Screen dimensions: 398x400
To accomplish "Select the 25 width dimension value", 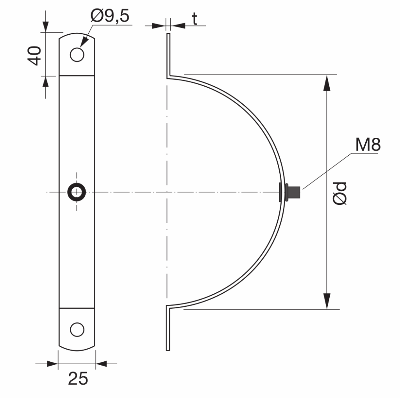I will click(78, 378).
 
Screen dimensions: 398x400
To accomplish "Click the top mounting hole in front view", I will click(77, 55).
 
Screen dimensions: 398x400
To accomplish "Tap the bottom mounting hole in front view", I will click(77, 329).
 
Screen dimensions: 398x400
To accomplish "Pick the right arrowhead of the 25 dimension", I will click(102, 364).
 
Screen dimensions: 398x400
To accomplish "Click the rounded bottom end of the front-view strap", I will click(77, 345).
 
